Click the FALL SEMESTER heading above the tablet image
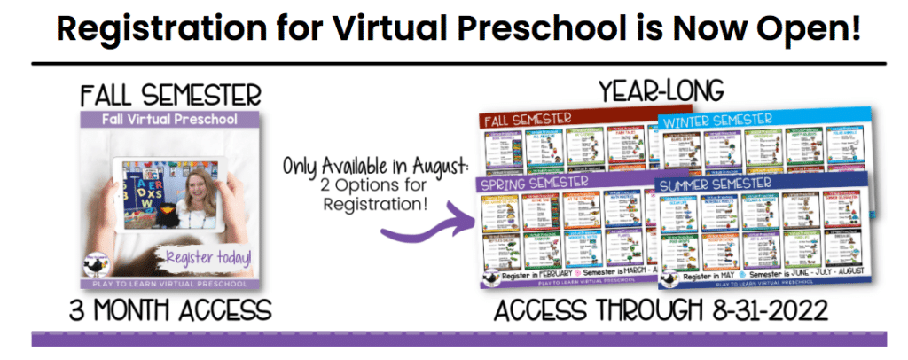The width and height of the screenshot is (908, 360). coord(169,93)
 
